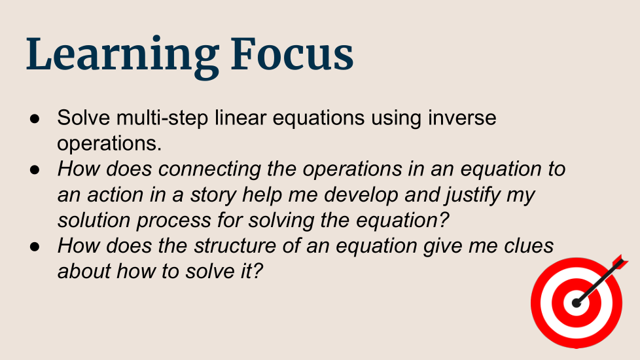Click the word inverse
[462, 118]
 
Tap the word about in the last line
[84, 272]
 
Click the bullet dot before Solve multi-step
[35, 118]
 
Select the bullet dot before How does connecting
[35, 170]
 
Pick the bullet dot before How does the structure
[35, 247]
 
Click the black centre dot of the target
[577, 303]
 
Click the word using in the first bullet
[397, 118]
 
